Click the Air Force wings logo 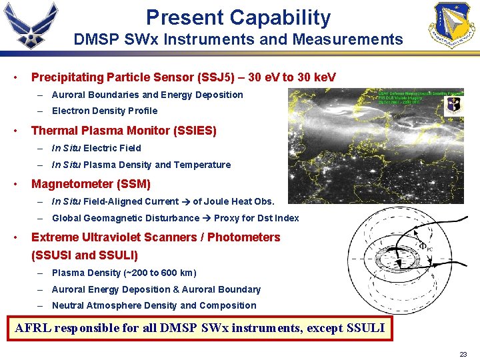[31, 25]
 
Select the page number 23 [463, 354]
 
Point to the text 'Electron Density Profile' [105, 111]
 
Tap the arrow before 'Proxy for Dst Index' [207, 218]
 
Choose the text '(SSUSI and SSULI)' [85, 255]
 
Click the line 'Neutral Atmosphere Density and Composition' [154, 305]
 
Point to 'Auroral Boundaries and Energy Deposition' [147, 95]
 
